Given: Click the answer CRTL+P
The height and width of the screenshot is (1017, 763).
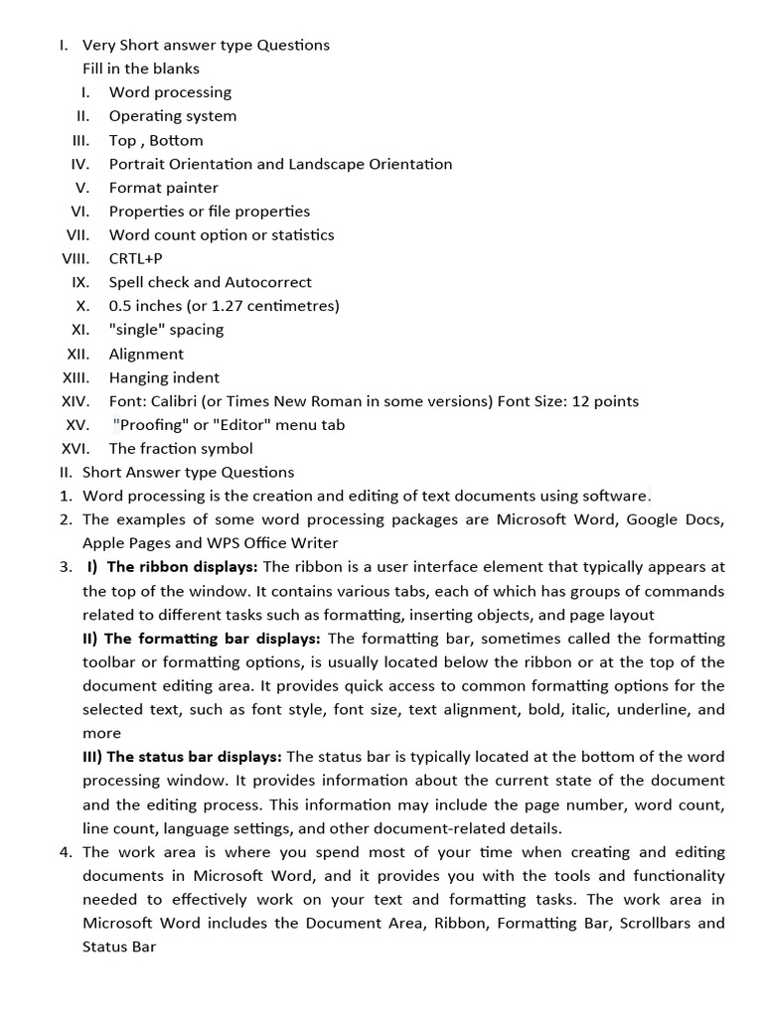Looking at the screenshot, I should point(135,258).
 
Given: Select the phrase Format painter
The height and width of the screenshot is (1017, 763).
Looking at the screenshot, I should point(163,188).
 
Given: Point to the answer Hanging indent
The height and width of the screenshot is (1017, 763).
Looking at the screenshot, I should point(164,377).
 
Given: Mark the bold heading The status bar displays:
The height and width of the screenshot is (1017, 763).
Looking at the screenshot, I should point(184,757).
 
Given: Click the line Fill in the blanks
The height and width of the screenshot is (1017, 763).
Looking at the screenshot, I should point(140,69).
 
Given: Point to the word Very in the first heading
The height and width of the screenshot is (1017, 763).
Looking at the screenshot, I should point(98,45).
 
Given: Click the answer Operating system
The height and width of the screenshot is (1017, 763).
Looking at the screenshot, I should point(172,116).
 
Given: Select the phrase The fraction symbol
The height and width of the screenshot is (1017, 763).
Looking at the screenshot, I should point(181,448).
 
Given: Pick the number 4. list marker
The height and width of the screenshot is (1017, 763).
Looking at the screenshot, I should point(66,852).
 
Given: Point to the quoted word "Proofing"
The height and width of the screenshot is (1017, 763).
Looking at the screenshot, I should point(151,425).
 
